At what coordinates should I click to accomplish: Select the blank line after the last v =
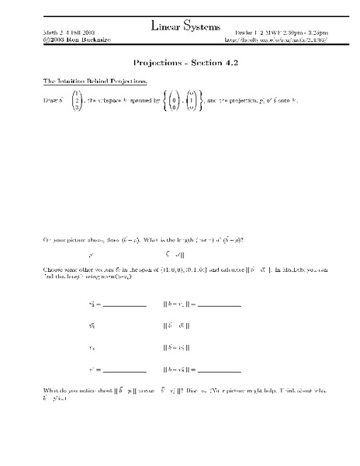pos(124,370)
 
